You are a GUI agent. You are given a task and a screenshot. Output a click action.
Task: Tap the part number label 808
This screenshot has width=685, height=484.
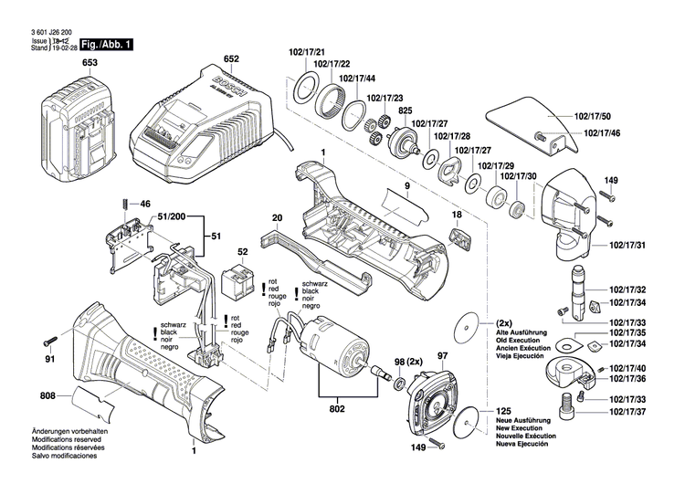click(x=47, y=396)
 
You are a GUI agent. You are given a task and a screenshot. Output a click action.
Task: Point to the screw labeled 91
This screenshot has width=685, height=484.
click(x=51, y=344)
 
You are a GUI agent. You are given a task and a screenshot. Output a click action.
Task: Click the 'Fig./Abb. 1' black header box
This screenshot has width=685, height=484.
click(x=107, y=44)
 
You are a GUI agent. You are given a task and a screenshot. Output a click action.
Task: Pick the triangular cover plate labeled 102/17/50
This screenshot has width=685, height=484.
click(x=524, y=120)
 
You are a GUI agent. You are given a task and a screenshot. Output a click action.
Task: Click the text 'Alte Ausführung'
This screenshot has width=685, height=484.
click(x=526, y=332)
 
